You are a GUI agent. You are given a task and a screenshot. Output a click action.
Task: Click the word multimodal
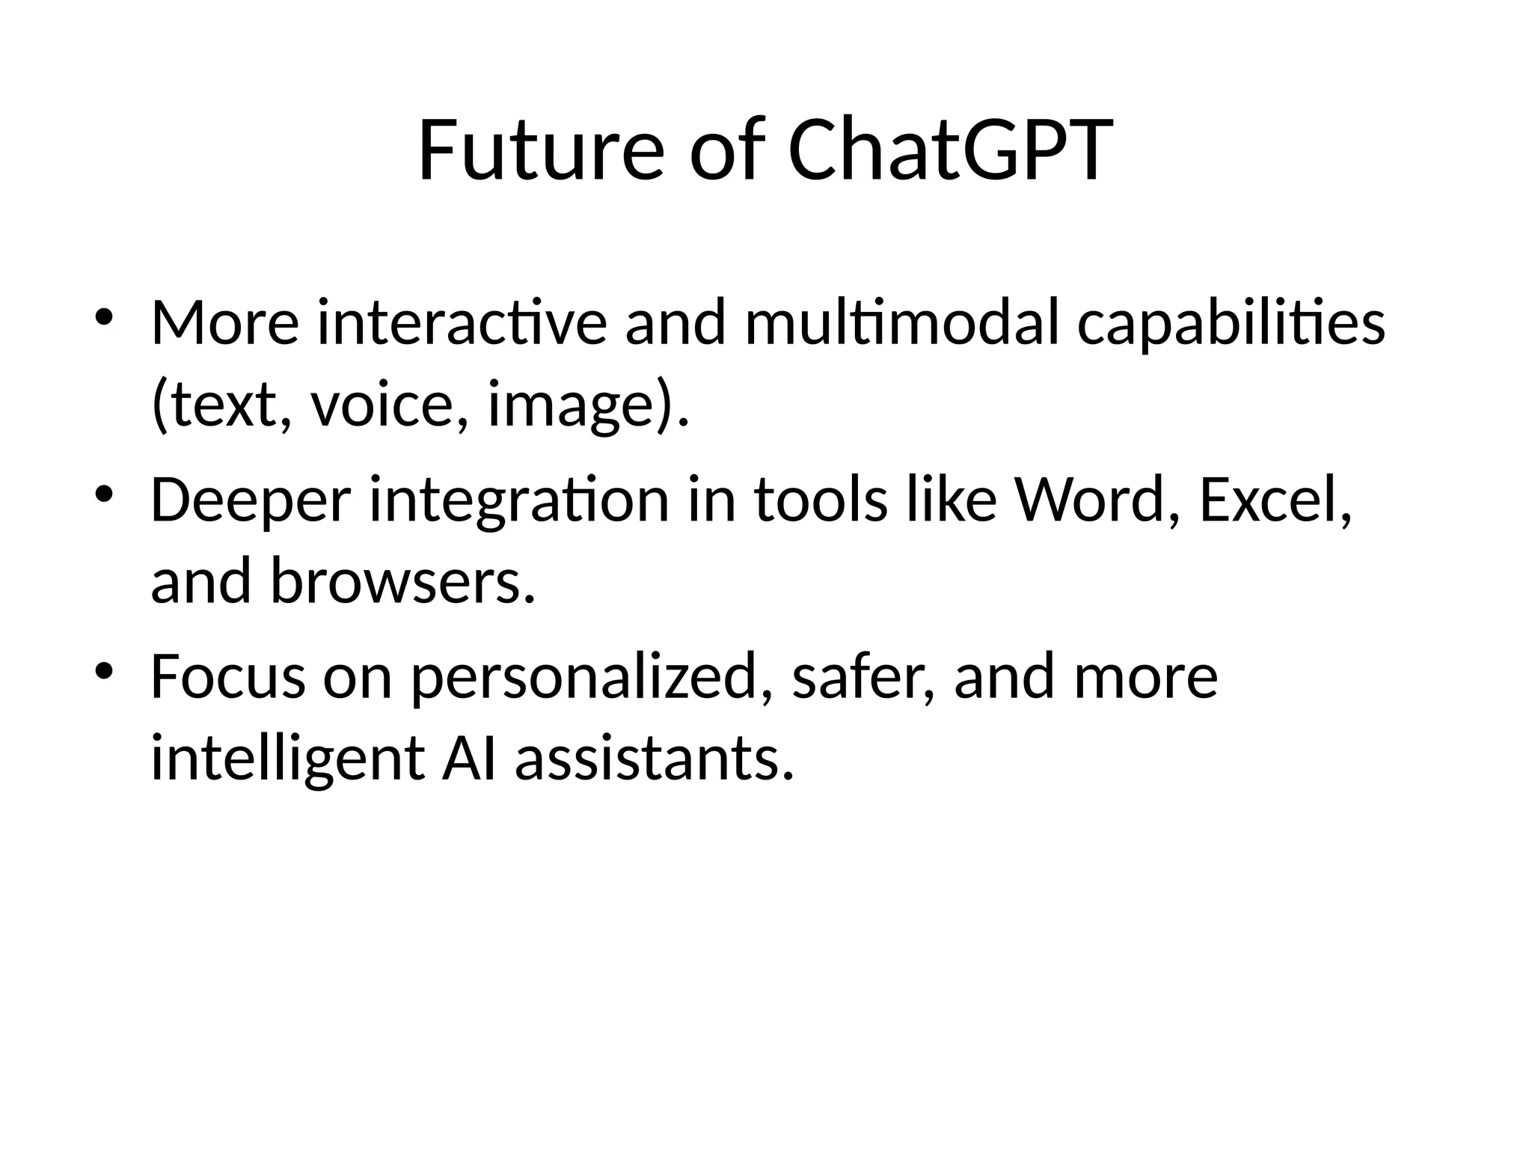pos(901,323)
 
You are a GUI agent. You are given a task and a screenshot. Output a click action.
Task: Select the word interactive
pos(462,323)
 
